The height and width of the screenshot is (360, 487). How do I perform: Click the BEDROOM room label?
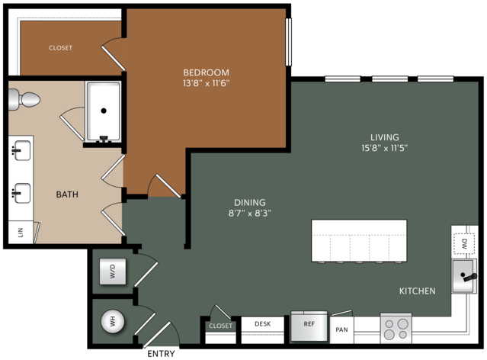pos(206,72)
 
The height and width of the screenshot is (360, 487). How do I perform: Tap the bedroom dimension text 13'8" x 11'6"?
pos(207,83)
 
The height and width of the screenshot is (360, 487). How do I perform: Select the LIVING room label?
pos(385,137)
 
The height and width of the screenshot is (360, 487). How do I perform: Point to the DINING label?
pos(250,202)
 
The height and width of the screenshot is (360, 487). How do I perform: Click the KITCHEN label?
pos(417,291)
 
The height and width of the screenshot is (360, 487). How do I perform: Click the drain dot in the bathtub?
pos(104,111)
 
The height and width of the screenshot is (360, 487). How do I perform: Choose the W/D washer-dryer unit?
pos(113,272)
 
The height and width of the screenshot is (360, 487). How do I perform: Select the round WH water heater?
pos(113,321)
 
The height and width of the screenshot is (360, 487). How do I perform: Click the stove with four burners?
pos(396,329)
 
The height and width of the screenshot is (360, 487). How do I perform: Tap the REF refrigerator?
pos(309,326)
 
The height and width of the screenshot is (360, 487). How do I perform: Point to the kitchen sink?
pos(464,276)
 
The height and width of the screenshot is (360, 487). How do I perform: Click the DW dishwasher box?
pos(464,244)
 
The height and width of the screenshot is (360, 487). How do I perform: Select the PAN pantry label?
pos(341,329)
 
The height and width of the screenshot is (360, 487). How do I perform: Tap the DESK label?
pos(263,324)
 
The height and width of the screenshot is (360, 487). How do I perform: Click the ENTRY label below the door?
pos(161,354)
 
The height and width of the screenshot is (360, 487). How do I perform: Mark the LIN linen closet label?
pos(21,232)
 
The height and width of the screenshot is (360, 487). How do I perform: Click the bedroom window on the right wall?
pos(289,42)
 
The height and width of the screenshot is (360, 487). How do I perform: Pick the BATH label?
pos(67,194)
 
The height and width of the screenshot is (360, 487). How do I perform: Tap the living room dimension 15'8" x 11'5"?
pos(385,148)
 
